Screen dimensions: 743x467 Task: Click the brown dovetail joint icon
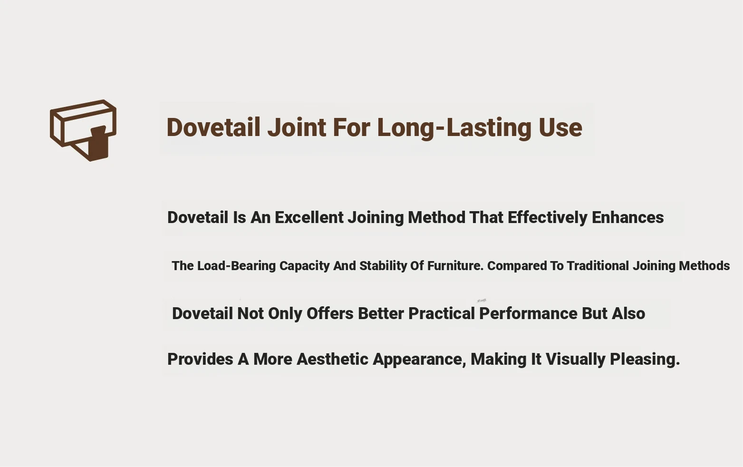pyautogui.click(x=83, y=130)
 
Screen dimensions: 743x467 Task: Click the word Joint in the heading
pyautogui.click(x=297, y=127)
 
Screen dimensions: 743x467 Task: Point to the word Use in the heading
pyautogui.click(x=560, y=128)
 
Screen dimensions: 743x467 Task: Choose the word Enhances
pyautogui.click(x=627, y=218)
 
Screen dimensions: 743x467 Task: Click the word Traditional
pyautogui.click(x=598, y=266)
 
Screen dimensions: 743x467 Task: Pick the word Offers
pyautogui.click(x=330, y=314)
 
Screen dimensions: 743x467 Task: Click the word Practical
pyautogui.click(x=442, y=314)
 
